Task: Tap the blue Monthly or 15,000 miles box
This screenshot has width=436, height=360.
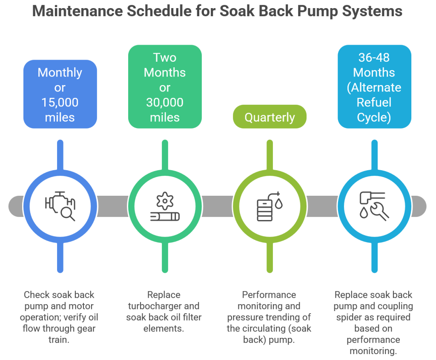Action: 60,94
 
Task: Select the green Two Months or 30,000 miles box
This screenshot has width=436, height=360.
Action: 165,87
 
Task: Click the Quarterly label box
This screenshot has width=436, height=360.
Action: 270,117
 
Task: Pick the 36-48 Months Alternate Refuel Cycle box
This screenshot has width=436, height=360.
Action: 374,87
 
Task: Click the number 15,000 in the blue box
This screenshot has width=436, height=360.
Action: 60,102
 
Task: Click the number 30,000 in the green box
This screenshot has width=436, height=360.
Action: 165,102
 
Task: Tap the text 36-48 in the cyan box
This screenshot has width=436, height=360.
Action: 374,57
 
